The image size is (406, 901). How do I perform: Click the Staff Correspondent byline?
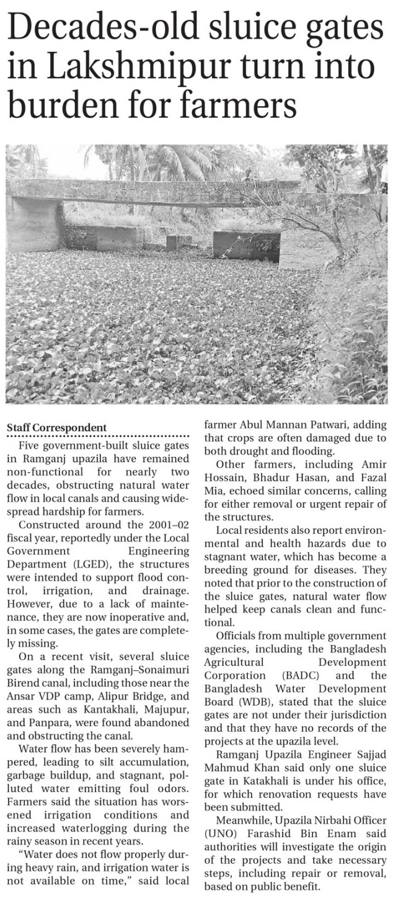point(56,428)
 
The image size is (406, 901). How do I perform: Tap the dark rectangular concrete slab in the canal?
point(246,245)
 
